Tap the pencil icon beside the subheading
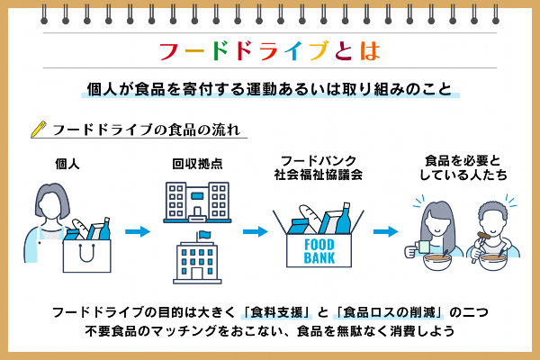pos(38,128)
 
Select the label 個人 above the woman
pos(67,165)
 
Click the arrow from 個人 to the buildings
pos(137,231)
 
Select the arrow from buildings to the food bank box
pos(256,231)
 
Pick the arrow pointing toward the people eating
pos(387,231)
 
